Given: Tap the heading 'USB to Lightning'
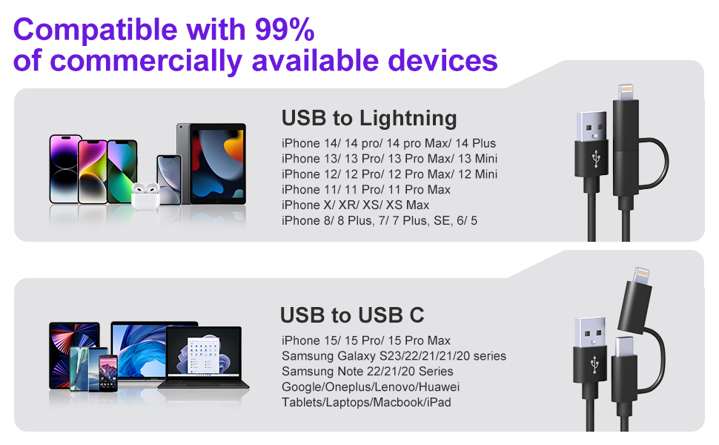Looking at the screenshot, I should coord(368,118).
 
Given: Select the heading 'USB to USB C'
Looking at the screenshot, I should coord(352,315).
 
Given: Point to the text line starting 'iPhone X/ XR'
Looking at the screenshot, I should coord(355,205).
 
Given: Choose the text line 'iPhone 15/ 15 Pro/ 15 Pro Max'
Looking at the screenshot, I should coord(365,340).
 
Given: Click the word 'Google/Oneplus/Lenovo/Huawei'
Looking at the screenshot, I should coord(371,387).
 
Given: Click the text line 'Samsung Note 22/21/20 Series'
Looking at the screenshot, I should coord(367,372).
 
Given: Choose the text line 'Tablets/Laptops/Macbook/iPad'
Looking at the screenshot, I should coord(366,403).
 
